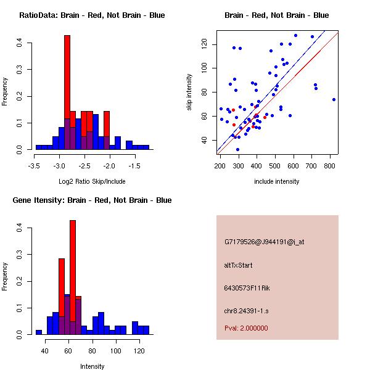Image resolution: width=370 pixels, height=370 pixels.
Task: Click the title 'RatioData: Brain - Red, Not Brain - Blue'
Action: point(92,15)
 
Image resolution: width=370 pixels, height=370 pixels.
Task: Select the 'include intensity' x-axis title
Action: point(277,181)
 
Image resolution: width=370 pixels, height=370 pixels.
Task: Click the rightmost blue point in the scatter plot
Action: point(334,99)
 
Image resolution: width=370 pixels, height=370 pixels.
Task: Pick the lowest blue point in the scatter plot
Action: point(237,149)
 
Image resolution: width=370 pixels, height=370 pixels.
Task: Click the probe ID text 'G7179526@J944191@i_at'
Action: point(264,242)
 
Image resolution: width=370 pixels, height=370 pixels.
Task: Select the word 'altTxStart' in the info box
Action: point(239,265)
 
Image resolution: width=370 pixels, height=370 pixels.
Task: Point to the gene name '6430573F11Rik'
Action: point(247,288)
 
